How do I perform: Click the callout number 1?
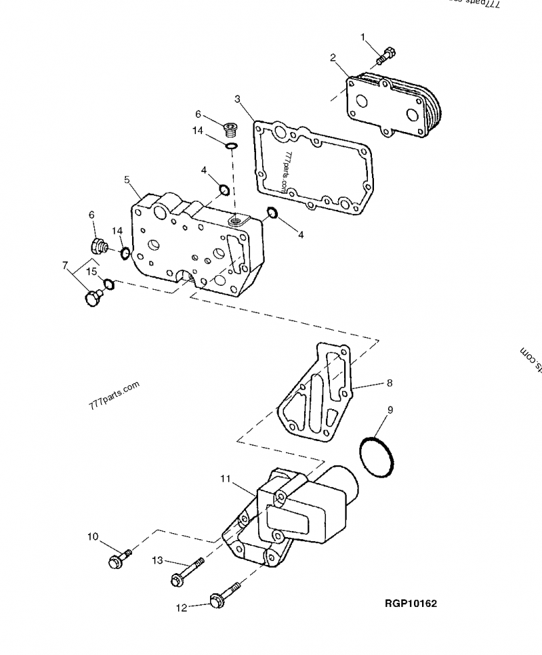click(363, 36)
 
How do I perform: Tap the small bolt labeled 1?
click(388, 52)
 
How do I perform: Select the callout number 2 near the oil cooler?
click(333, 58)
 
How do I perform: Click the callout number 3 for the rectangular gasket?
click(238, 99)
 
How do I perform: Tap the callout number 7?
click(65, 266)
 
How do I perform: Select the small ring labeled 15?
click(109, 283)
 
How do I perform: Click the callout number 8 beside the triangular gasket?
click(390, 383)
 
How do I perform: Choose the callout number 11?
click(226, 479)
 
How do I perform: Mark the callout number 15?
click(91, 272)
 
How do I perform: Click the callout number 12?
click(181, 608)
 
